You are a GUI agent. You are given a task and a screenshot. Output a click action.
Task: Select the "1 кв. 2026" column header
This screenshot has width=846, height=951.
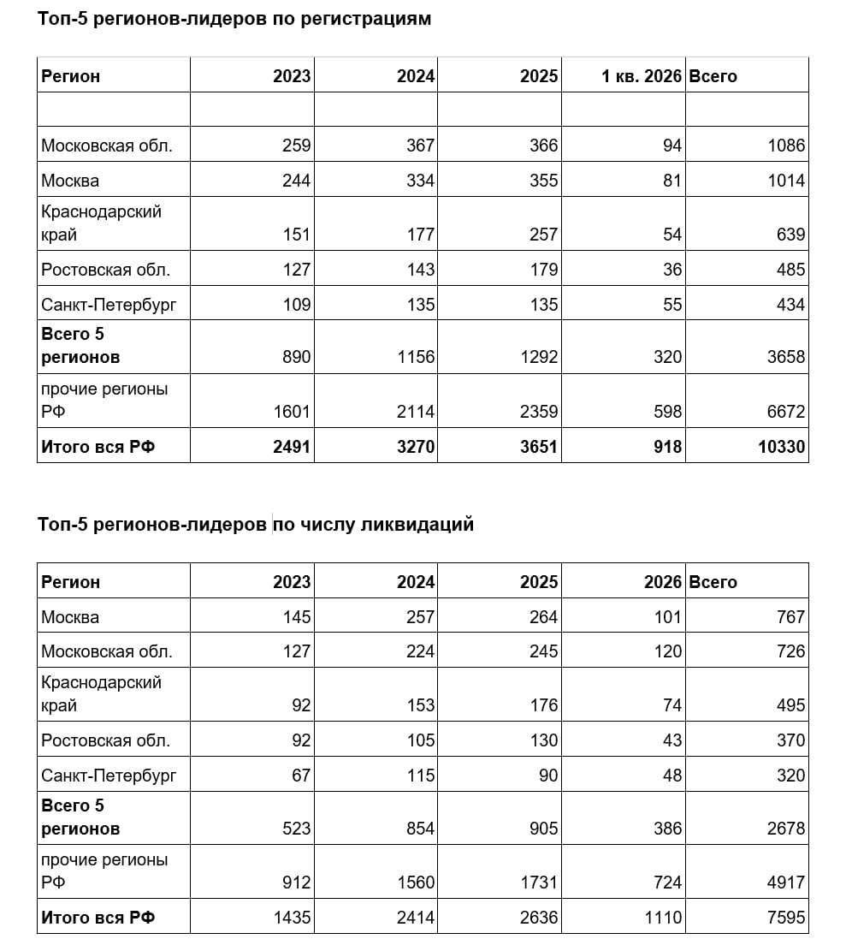(x=642, y=76)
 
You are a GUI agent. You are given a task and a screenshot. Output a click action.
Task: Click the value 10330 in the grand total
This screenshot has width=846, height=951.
(x=782, y=447)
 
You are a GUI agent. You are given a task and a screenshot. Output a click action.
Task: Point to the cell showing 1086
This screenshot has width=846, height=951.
(x=786, y=146)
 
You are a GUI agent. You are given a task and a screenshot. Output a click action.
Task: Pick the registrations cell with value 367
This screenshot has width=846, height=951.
(x=420, y=146)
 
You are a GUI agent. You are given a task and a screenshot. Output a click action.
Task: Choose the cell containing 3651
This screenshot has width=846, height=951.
(x=539, y=447)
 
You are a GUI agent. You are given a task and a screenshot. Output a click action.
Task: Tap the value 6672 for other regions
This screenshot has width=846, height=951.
(x=786, y=413)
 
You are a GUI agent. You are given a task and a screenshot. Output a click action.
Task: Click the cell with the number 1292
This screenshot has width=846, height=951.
(x=539, y=357)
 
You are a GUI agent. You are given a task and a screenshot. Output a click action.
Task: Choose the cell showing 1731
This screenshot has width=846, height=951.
(x=539, y=883)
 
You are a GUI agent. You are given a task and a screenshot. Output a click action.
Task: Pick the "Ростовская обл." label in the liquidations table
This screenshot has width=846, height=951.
(x=106, y=740)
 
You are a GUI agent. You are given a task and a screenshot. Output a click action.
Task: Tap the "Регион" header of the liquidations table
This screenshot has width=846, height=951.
(x=71, y=582)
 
